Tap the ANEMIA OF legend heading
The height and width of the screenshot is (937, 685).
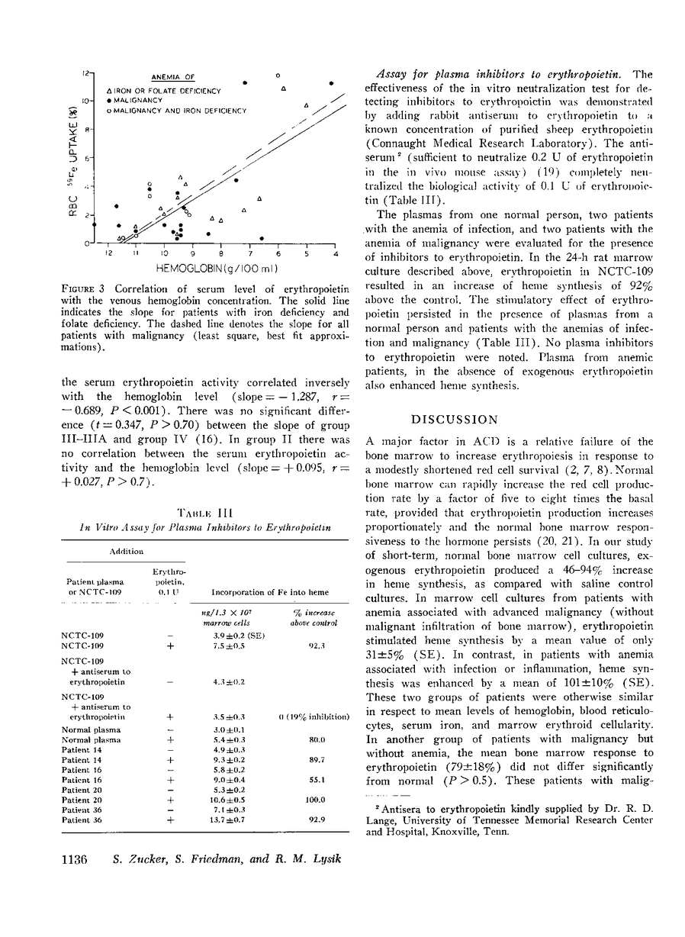[173, 77]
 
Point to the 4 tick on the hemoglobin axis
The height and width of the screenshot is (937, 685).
[335, 254]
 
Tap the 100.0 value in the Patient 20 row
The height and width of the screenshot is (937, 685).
[292, 799]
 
